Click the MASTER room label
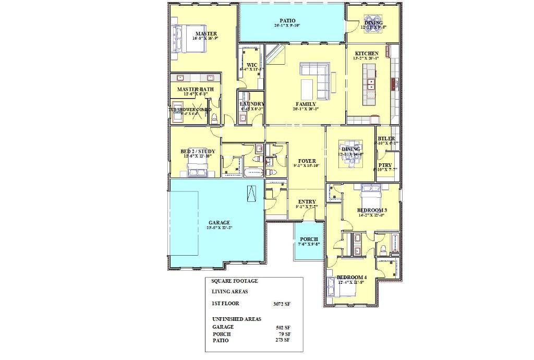tap(192, 33)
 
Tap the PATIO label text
tap(287, 21)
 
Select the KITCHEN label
tap(367, 53)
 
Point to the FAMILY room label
tap(306, 104)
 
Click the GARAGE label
tap(219, 222)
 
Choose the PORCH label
tap(309, 239)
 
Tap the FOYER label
tap(306, 161)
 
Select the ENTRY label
tap(306, 202)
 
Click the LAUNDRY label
tap(252, 104)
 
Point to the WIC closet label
tap(252, 65)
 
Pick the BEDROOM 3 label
tap(371, 210)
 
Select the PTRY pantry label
tap(386, 165)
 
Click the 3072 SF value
tap(282, 303)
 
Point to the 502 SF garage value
tap(283, 328)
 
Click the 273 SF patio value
tap(283, 340)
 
